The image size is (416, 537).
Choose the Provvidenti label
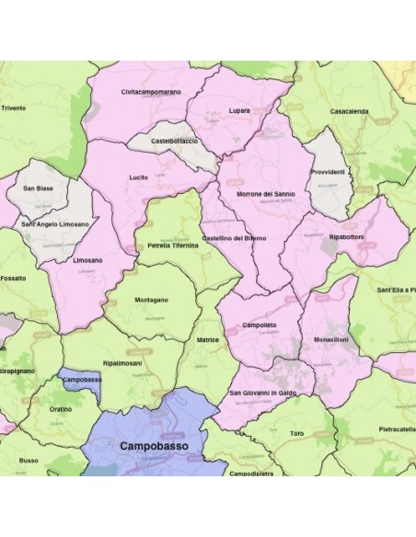point(328,172)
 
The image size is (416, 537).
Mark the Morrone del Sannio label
point(266,194)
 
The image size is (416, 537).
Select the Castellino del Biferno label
point(234,238)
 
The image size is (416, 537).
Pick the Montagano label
point(151,301)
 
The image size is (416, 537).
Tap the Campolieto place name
point(260,326)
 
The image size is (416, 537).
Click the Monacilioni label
point(329,339)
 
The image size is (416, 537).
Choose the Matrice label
point(208,339)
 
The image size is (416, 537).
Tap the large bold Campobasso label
point(152,445)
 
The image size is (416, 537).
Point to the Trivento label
point(14,108)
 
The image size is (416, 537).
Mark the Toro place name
point(296,431)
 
